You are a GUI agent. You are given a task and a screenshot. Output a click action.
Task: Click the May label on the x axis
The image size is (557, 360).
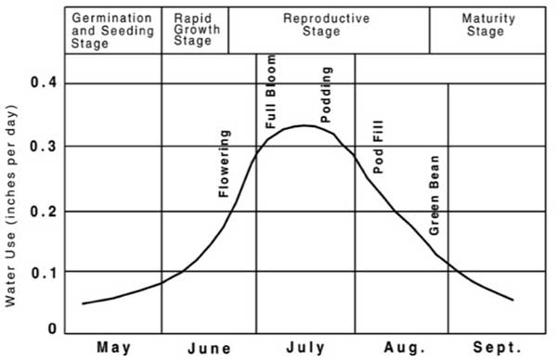(113, 348)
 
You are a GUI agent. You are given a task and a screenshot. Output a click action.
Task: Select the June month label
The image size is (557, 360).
(209, 349)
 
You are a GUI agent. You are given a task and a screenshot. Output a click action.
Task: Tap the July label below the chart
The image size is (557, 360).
(305, 348)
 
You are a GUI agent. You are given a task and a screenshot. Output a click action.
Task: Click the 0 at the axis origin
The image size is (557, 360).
(52, 328)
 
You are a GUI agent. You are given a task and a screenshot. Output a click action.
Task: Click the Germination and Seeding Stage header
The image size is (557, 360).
(112, 31)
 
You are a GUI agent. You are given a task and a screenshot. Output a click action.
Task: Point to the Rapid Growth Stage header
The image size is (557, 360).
(194, 31)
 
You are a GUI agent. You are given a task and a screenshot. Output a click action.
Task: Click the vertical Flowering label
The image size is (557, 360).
(224, 164)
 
